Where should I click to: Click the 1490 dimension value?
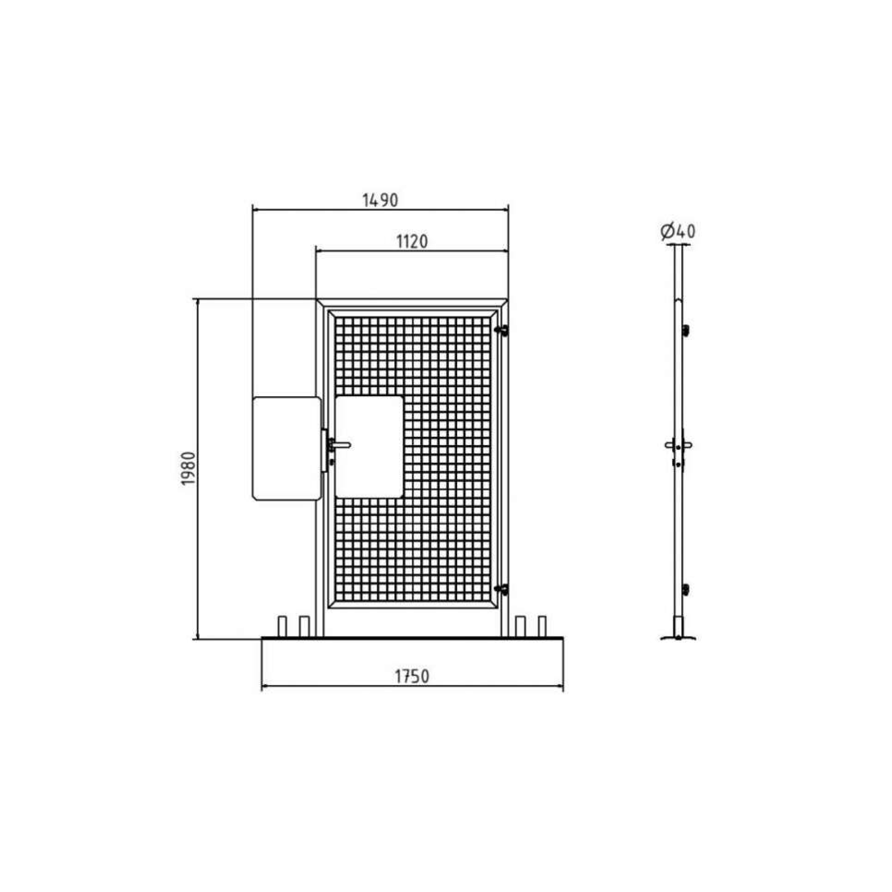380,200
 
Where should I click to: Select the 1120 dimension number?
412,241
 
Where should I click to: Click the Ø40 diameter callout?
677,231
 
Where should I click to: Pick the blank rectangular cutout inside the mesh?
369,446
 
